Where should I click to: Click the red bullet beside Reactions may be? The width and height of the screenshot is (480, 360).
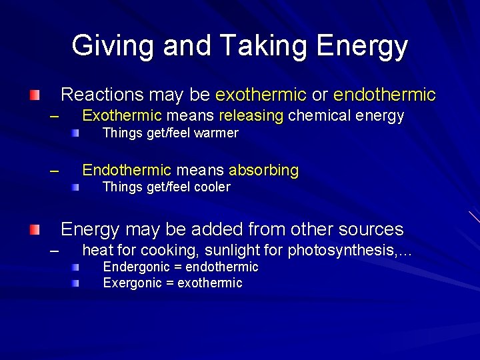[x=34, y=95]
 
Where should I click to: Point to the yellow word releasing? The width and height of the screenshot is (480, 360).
[x=251, y=116]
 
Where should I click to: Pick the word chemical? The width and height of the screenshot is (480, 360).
[x=320, y=116]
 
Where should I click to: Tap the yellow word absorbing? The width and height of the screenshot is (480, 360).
[x=264, y=170]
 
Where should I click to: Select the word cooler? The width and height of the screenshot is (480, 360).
[x=212, y=187]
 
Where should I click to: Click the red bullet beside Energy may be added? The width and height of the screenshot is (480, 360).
[x=34, y=230]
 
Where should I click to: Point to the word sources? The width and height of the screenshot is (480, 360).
[x=371, y=230]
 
